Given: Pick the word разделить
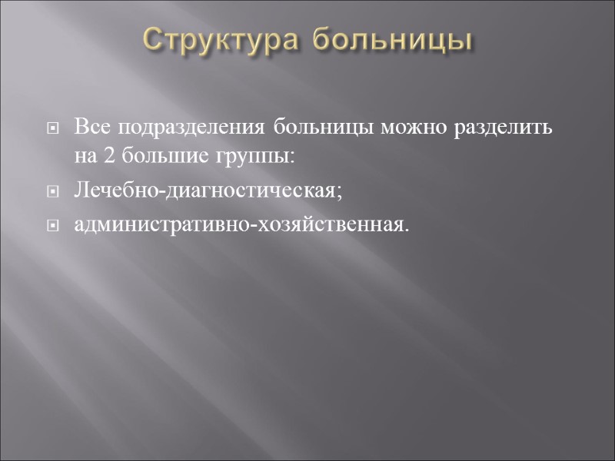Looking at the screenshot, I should tap(504, 127).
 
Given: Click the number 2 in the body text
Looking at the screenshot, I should tap(108, 157).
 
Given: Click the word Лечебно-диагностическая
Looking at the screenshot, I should tap(205, 191).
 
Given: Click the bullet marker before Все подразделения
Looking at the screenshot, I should tap(53, 128).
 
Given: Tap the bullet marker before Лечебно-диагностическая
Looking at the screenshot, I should tap(53, 192).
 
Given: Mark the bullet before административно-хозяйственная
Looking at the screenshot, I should tap(53, 227).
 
